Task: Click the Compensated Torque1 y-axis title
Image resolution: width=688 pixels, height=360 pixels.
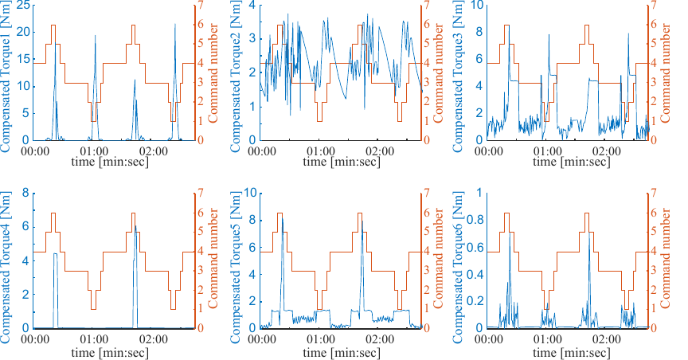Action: [6, 72]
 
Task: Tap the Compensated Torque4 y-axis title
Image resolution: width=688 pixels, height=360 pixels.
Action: [6, 260]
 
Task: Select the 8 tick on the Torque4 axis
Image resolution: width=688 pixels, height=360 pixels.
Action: [26, 194]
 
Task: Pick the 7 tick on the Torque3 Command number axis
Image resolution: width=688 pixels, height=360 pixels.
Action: [655, 6]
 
